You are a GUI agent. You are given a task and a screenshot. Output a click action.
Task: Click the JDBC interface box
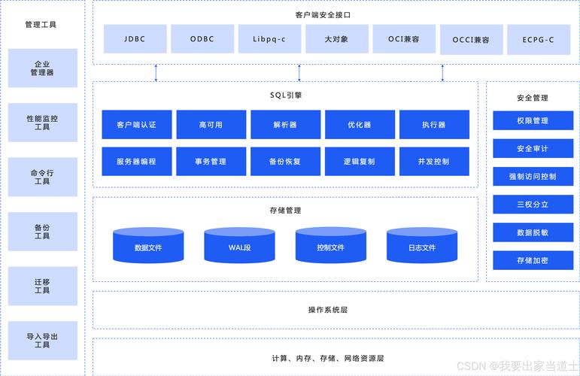(x=135, y=39)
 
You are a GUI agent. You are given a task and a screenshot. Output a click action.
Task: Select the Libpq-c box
(x=269, y=39)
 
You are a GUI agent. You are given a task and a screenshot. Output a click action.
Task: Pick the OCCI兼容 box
(x=471, y=39)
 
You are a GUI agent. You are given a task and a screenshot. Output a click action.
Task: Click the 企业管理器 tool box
(x=42, y=68)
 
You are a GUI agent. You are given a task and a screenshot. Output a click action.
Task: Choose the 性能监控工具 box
(x=42, y=123)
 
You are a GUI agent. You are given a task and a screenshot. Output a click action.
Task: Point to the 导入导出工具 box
(x=42, y=340)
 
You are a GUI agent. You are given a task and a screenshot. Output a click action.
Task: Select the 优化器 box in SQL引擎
(x=359, y=125)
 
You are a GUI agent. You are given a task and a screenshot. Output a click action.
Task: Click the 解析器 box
(x=285, y=125)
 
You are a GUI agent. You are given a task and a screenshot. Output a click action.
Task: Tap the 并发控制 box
(x=434, y=161)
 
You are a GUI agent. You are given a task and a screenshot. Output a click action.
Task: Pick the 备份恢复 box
(x=285, y=161)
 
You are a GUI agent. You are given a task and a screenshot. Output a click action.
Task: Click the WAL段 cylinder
(x=239, y=246)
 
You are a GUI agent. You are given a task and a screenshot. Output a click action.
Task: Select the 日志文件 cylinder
(x=422, y=246)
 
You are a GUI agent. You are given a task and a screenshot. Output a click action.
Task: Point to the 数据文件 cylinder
(x=148, y=246)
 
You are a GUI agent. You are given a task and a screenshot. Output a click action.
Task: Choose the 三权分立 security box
(x=533, y=205)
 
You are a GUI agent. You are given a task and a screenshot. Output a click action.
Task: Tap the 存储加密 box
(x=533, y=260)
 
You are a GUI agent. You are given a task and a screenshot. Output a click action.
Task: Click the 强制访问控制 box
(x=533, y=177)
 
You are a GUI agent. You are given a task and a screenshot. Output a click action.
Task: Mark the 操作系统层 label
(x=327, y=310)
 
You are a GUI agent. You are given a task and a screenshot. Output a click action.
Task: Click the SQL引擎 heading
(x=286, y=96)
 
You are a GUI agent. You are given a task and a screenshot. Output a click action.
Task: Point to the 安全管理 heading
(x=533, y=98)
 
